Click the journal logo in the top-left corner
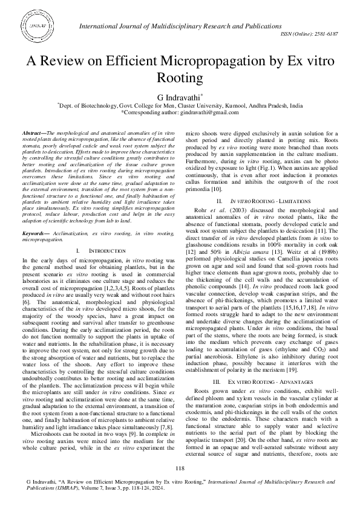tap(37, 28)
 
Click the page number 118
tap(180, 468)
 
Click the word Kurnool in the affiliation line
tap(231, 105)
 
